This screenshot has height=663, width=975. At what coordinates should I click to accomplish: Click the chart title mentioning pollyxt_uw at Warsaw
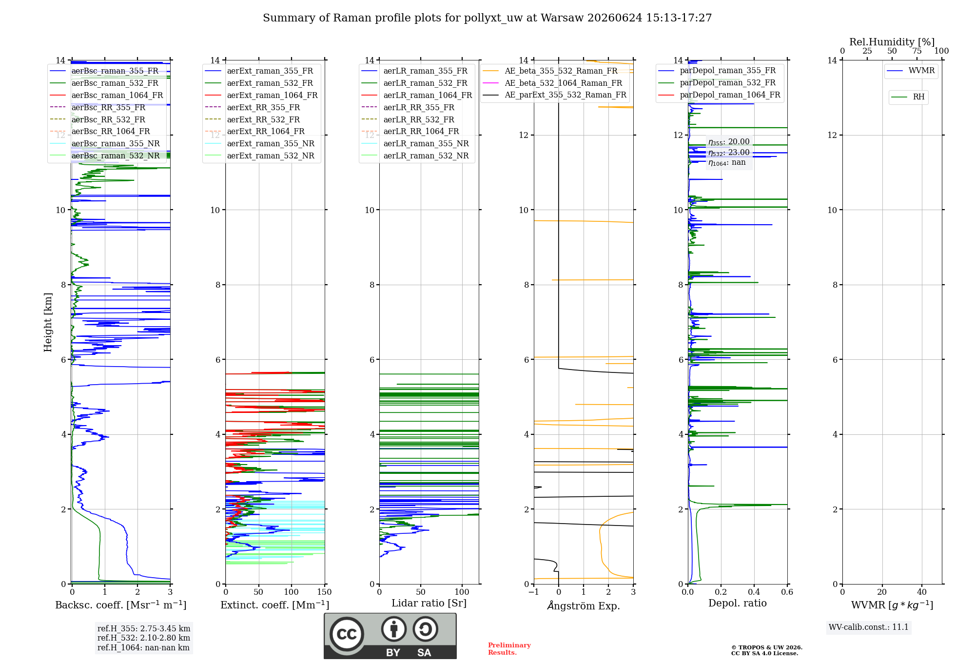coord(487,18)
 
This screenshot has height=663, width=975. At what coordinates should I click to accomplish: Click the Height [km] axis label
coord(48,322)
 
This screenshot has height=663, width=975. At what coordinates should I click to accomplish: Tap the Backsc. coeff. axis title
coord(121,604)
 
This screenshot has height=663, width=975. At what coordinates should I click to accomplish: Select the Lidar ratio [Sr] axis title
coord(429,603)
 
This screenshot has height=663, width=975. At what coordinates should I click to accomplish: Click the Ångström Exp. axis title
coord(584,605)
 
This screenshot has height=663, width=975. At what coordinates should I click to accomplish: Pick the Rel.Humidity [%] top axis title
coord(892,42)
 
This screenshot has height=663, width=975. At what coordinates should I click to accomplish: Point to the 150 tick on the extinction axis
coord(324,592)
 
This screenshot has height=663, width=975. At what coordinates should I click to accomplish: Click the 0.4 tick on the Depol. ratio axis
coord(754,592)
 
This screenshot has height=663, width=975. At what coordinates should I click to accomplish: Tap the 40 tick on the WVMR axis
coord(922,592)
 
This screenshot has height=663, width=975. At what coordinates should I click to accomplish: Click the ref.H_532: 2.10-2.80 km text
coord(144,638)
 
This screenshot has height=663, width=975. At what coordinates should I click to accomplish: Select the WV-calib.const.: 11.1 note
coord(869,627)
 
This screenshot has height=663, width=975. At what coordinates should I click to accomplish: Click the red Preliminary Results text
coord(509,649)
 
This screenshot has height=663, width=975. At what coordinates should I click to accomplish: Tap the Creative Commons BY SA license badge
coord(390,636)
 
